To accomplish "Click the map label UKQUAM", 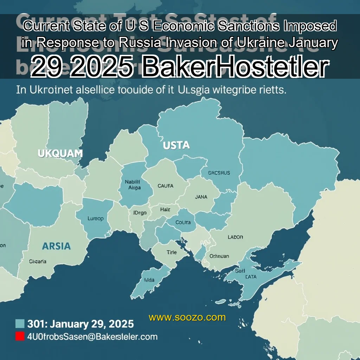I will tap(60, 153).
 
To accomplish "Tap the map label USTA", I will tap(176, 145).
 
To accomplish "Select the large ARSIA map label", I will tap(56, 246).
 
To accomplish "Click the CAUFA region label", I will tap(165, 186).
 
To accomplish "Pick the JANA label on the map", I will tap(201, 197).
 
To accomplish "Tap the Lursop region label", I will tap(95, 218).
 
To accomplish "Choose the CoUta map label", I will tap(183, 222).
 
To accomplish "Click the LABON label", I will tap(235, 237).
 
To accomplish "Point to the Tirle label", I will tap(172, 252).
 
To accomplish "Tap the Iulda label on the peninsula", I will tap(149, 280).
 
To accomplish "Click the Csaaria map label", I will tap(38, 261).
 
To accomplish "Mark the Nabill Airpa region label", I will tap(133, 185).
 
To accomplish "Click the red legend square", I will tap(20, 336).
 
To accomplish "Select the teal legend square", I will tap(20, 323).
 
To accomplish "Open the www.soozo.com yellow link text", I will tap(187, 317).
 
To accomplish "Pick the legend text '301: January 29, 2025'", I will tap(81, 323).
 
